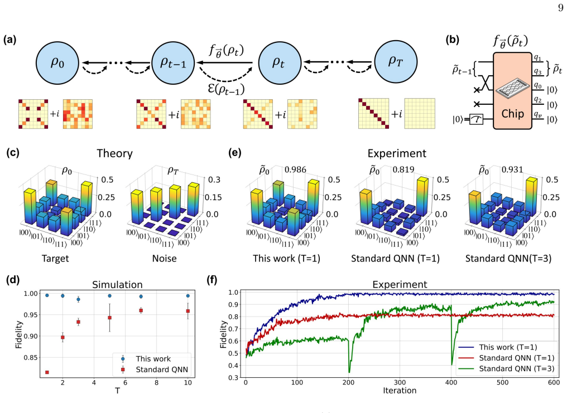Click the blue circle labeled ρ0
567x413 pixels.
tap(57, 62)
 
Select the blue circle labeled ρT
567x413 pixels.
tap(396, 61)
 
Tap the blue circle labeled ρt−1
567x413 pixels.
tap(173, 62)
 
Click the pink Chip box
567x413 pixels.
tap(512, 90)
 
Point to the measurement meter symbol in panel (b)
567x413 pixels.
tap(476, 119)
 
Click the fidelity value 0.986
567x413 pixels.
tap(295, 169)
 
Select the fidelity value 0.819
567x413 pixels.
tap(403, 169)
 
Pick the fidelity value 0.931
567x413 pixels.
tap(512, 169)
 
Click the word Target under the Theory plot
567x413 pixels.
tap(55, 259)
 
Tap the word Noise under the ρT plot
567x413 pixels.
tap(164, 259)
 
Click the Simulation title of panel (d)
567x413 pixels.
tap(117, 284)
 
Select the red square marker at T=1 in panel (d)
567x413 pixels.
tap(47, 372)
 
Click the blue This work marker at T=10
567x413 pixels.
tap(188, 295)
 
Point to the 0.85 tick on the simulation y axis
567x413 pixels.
tap(30, 357)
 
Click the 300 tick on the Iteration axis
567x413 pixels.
tap(400, 382)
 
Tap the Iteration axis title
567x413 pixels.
tap(400, 391)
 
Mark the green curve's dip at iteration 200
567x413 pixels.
tap(349, 372)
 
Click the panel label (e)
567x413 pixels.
tap(235, 153)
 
